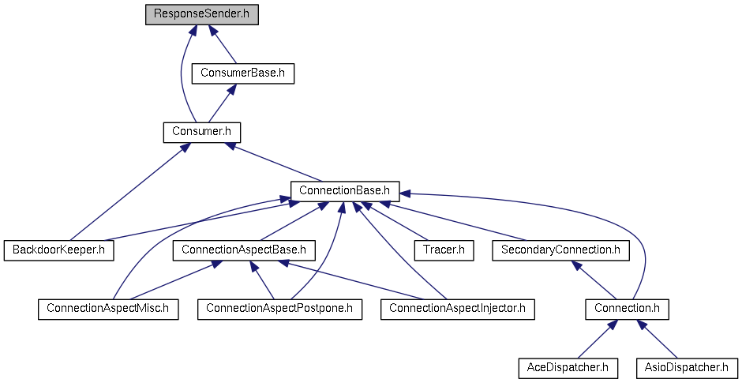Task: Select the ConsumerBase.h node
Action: (x=243, y=73)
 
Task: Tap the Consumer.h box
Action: (x=201, y=132)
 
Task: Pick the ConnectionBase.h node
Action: (x=345, y=191)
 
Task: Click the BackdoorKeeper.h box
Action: (x=59, y=250)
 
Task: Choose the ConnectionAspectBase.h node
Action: (x=244, y=250)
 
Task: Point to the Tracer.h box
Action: (x=444, y=250)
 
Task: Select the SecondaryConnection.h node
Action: (x=560, y=250)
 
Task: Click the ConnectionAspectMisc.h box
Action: (x=108, y=309)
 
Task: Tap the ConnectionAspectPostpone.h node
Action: (x=279, y=309)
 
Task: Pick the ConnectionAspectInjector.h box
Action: (x=458, y=309)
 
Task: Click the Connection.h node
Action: (x=627, y=309)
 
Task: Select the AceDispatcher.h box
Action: (x=568, y=368)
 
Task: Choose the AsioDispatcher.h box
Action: (x=687, y=368)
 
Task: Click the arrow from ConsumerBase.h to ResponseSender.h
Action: (x=222, y=44)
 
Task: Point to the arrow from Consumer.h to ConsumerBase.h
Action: (x=222, y=103)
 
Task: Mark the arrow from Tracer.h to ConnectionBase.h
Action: (x=394, y=220)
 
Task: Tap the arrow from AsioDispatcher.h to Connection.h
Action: (x=657, y=339)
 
